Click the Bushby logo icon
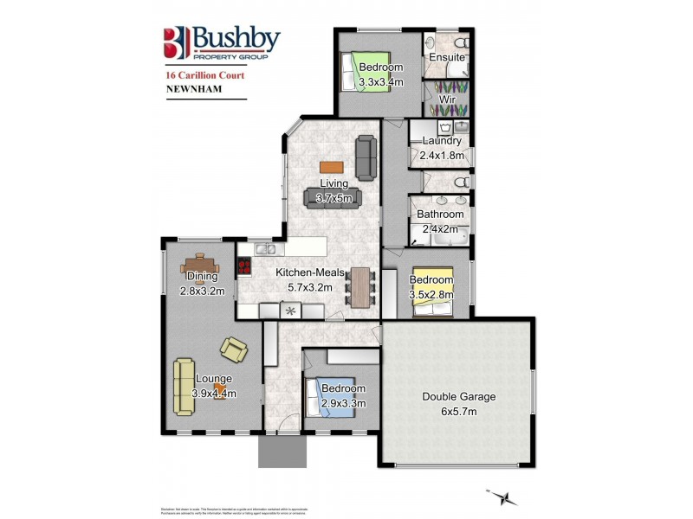click(176, 42)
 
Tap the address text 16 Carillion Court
click(204, 75)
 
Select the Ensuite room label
click(447, 58)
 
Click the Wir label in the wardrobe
click(447, 99)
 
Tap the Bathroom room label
click(439, 214)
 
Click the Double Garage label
click(458, 397)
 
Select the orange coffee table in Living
click(331, 167)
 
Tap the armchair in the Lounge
click(233, 349)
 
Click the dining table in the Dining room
click(201, 265)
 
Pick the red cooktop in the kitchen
click(244, 267)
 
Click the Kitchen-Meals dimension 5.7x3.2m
click(304, 287)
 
